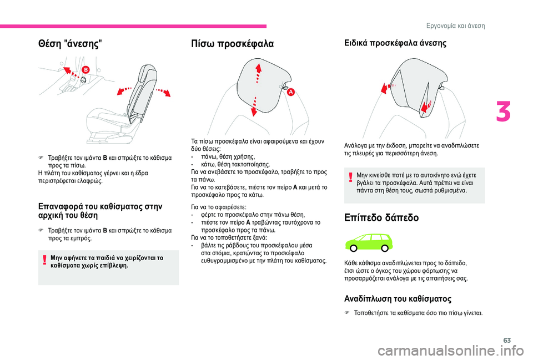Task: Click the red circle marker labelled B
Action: (x=86, y=69)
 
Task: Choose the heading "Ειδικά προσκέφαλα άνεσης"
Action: (x=396, y=42)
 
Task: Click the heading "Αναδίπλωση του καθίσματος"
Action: (x=398, y=299)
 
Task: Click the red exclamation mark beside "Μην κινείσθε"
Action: (x=350, y=178)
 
